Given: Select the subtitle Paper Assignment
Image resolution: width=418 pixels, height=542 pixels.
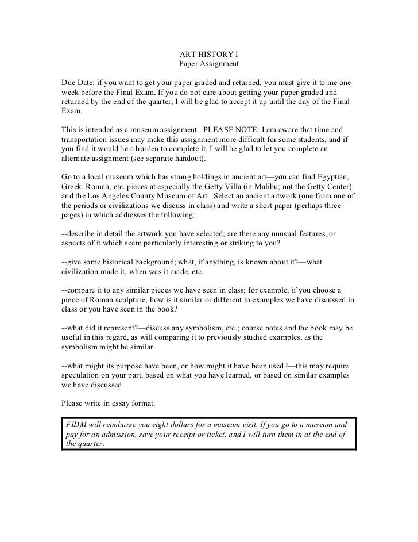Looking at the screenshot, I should click(x=208, y=64).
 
